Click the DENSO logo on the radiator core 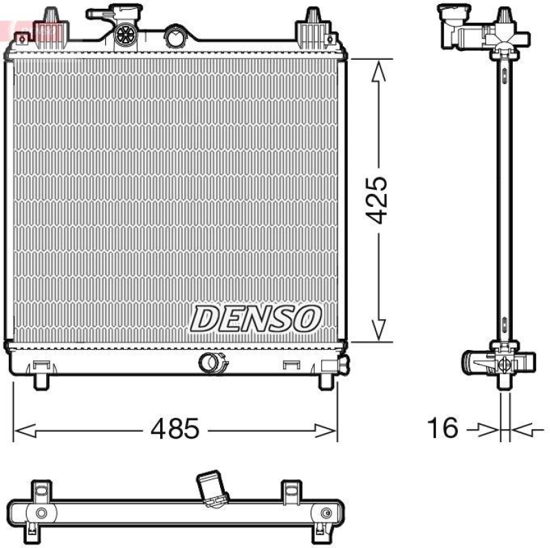[x=256, y=318]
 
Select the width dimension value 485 [x=175, y=429]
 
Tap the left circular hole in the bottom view [x=42, y=512]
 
